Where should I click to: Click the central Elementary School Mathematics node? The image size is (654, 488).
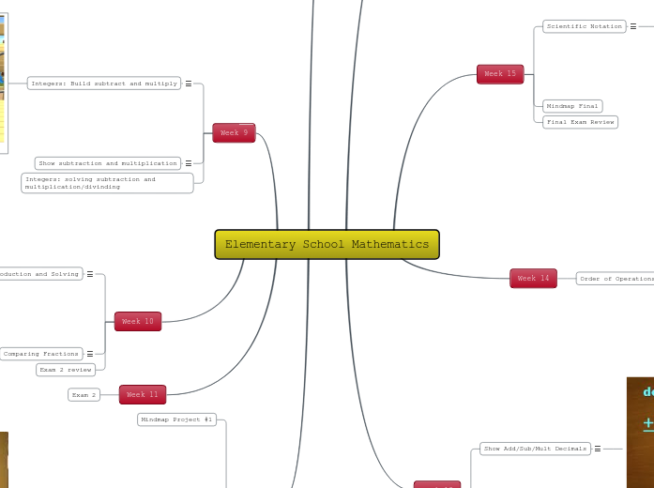tap(327, 244)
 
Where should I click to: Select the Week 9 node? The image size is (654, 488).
tap(234, 133)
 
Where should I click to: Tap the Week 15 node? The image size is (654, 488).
tap(500, 74)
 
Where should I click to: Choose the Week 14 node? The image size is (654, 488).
tap(533, 279)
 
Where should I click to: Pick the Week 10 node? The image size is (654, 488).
tap(138, 322)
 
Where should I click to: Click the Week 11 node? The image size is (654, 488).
tap(143, 395)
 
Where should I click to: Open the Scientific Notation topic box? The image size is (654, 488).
tap(584, 26)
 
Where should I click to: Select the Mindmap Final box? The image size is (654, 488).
tap(572, 106)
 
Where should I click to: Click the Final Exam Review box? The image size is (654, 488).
tap(580, 122)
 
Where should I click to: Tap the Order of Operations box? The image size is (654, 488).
tap(616, 279)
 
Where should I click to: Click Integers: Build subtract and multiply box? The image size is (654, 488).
tap(104, 84)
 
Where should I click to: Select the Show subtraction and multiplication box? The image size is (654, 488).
tap(108, 163)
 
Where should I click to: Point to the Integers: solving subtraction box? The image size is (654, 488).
tap(107, 183)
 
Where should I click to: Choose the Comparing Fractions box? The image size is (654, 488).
tap(41, 354)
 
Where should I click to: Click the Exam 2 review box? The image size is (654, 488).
tap(66, 370)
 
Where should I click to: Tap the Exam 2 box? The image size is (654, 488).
tap(84, 395)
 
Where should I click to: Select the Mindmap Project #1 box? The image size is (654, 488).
tap(177, 419)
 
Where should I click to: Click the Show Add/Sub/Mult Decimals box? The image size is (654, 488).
tap(535, 449)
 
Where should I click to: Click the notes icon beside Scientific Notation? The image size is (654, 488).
tap(632, 26)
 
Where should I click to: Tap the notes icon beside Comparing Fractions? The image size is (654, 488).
tap(90, 354)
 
